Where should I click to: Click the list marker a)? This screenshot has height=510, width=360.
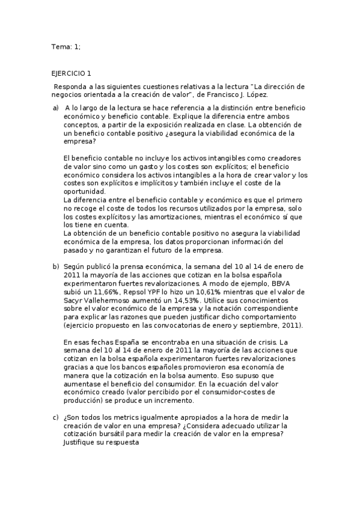(55, 108)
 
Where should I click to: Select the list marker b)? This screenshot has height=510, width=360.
(55, 266)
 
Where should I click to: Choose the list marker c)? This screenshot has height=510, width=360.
(55, 417)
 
